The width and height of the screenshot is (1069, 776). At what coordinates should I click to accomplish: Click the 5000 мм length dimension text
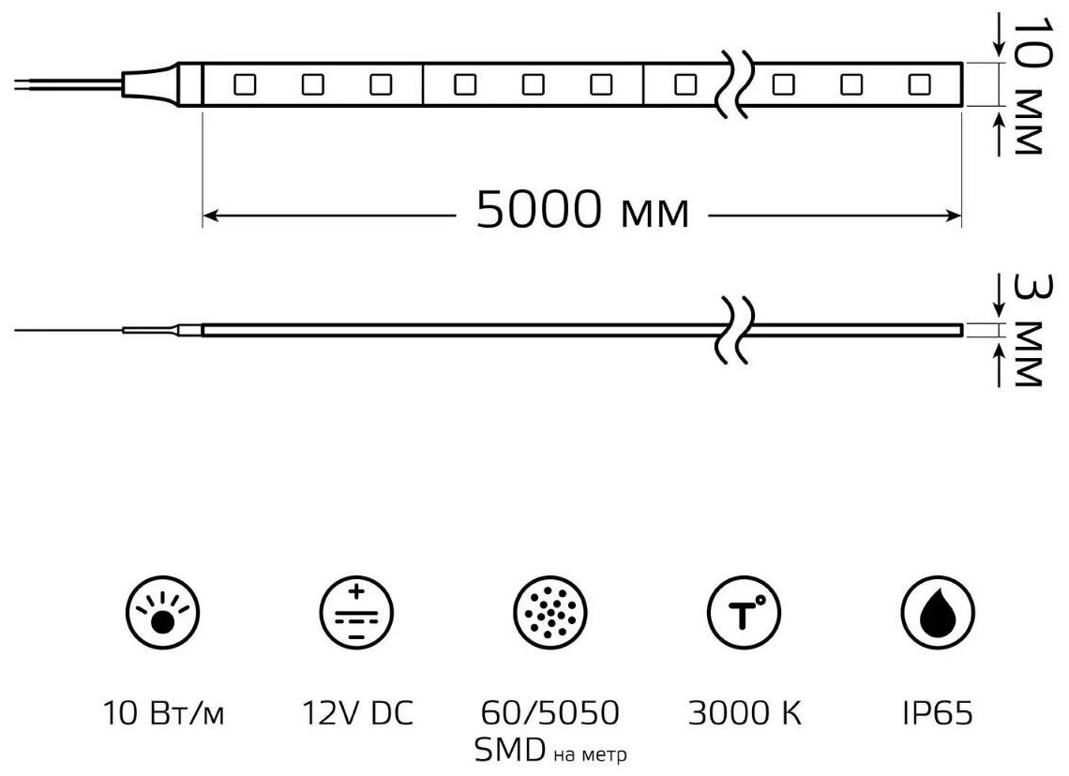tap(582, 212)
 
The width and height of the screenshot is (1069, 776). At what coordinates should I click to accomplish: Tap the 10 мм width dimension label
tap(1028, 85)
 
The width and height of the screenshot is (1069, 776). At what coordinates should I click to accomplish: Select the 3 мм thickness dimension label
tap(1028, 328)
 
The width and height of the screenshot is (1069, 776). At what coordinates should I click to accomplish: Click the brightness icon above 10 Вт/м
tap(164, 615)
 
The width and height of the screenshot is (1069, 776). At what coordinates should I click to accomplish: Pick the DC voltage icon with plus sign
tap(357, 615)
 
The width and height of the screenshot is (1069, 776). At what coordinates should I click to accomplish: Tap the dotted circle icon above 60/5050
tap(550, 615)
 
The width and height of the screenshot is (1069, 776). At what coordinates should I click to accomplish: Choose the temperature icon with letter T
tap(744, 615)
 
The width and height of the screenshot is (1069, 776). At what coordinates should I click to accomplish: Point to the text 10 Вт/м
tap(164, 714)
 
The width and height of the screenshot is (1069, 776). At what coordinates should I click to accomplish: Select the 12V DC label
tap(357, 714)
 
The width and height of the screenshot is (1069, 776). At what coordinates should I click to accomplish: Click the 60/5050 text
tap(551, 714)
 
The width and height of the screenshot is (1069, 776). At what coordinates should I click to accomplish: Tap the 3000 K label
tap(745, 714)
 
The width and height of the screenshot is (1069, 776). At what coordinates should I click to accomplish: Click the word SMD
tap(510, 750)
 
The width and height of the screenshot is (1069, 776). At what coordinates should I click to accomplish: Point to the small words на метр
tap(591, 754)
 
